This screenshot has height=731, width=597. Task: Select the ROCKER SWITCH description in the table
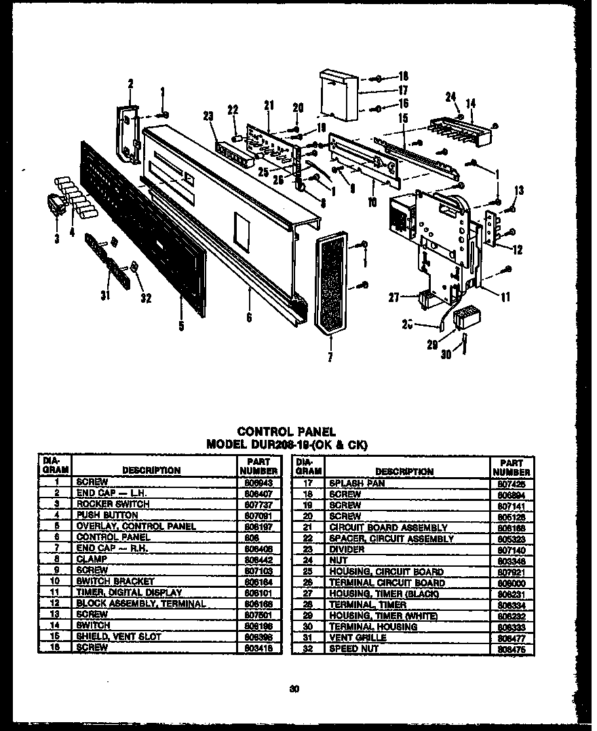pyautogui.click(x=113, y=504)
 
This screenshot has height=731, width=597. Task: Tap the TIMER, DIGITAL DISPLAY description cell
pyautogui.click(x=129, y=593)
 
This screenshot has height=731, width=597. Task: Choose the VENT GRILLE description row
pyautogui.click(x=358, y=638)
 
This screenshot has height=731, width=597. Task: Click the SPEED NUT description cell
pyautogui.click(x=353, y=649)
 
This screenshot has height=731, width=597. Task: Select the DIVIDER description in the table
pyautogui.click(x=347, y=550)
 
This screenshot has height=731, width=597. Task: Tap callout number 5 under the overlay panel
pyautogui.click(x=182, y=326)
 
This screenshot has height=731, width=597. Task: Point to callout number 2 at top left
pyautogui.click(x=130, y=84)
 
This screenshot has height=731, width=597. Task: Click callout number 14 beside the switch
pyautogui.click(x=470, y=103)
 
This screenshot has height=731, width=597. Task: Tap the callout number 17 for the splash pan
pyautogui.click(x=402, y=89)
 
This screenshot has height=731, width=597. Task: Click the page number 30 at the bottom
pyautogui.click(x=294, y=690)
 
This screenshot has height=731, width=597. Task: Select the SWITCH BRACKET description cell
pyautogui.click(x=115, y=582)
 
